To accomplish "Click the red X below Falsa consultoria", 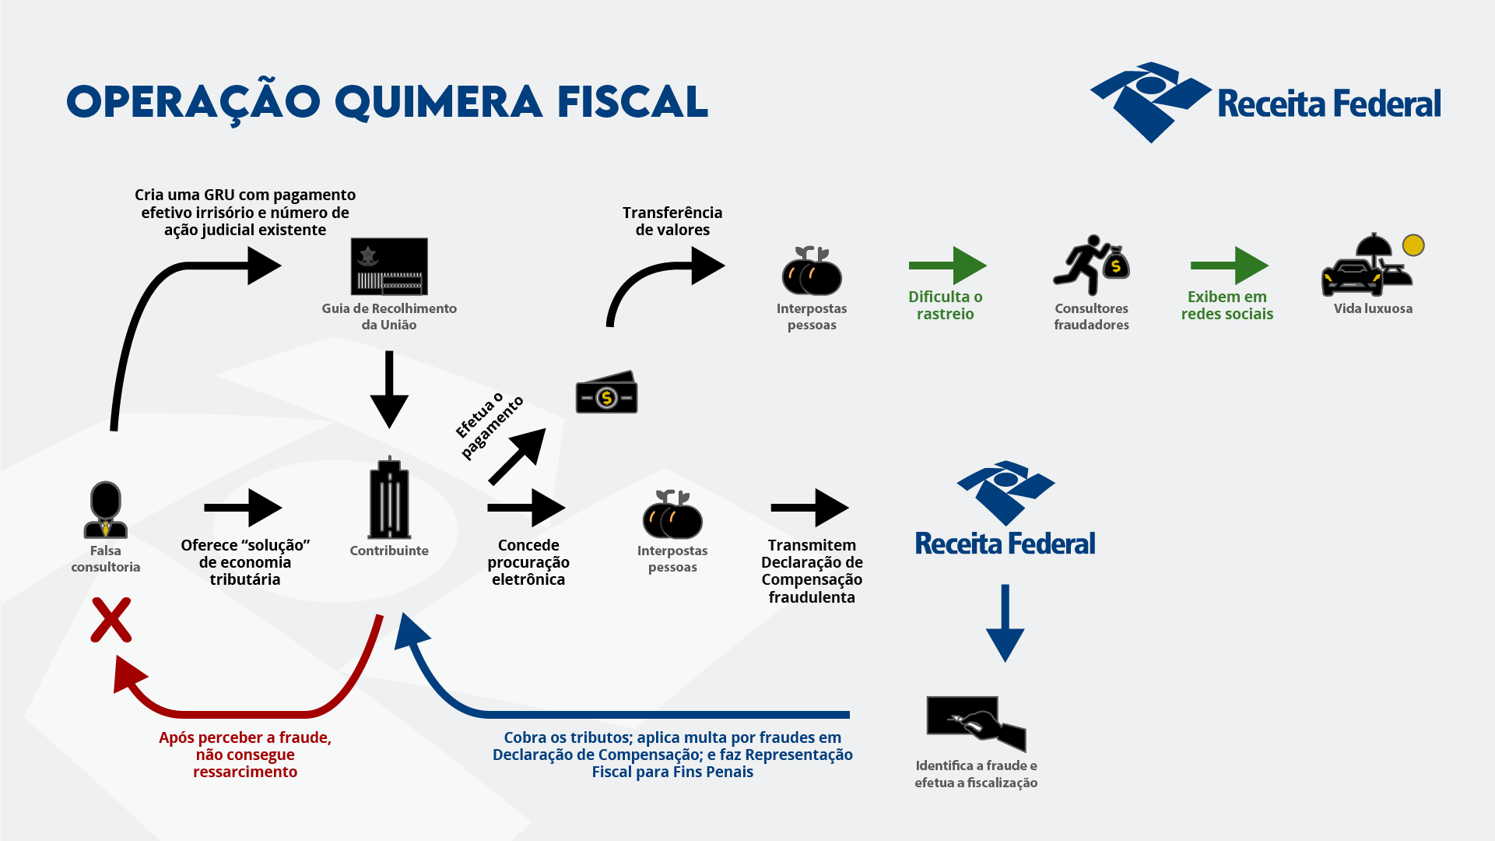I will pyautogui.click(x=111, y=620).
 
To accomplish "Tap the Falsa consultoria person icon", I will pyautogui.click(x=106, y=510).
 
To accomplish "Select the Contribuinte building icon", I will pyautogui.click(x=389, y=499).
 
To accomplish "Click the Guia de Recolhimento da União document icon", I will pyautogui.click(x=389, y=266).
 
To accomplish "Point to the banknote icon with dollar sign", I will pyautogui.click(x=606, y=393).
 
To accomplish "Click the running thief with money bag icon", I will pyautogui.click(x=1091, y=266).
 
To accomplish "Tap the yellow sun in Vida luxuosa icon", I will pyautogui.click(x=1413, y=245).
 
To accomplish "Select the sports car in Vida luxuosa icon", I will pyautogui.click(x=1352, y=278).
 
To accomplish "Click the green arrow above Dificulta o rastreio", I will pyautogui.click(x=947, y=266).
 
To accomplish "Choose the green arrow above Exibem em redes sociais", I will pyautogui.click(x=1229, y=266).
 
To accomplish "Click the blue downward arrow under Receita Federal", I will pyautogui.click(x=1005, y=623).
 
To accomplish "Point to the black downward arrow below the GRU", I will pyautogui.click(x=389, y=389).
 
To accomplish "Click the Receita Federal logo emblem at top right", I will pyautogui.click(x=1150, y=102).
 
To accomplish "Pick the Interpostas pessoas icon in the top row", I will pyautogui.click(x=812, y=271).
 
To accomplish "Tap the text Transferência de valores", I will pyautogui.click(x=672, y=221).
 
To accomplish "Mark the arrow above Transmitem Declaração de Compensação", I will pyautogui.click(x=809, y=508).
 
